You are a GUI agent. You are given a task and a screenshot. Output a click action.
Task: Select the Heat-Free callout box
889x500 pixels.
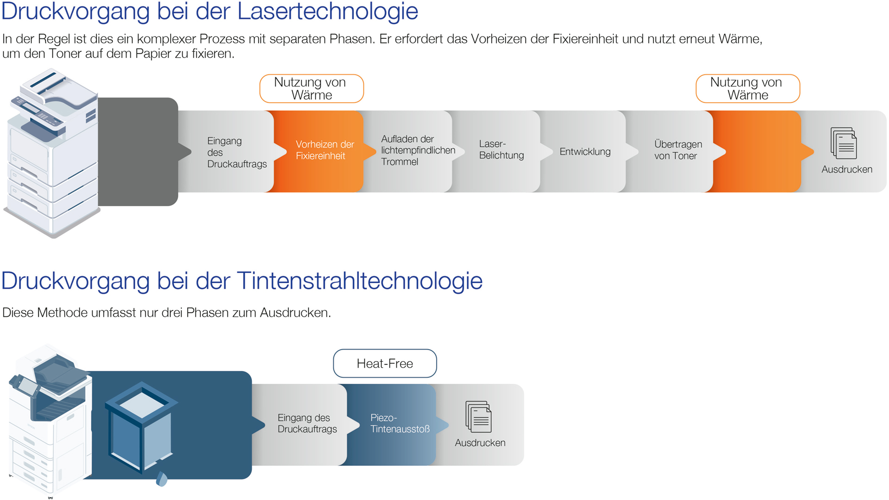point(385,364)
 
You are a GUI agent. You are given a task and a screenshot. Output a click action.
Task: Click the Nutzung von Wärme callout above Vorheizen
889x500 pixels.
point(311,88)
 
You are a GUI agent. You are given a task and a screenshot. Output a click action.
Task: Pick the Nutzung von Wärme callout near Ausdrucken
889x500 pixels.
point(747,88)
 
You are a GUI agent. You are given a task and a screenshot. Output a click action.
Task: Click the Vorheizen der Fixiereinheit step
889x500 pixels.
point(324,150)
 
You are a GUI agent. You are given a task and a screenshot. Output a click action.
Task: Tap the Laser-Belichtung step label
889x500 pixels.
point(501,150)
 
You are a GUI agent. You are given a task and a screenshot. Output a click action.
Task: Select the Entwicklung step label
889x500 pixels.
point(585,152)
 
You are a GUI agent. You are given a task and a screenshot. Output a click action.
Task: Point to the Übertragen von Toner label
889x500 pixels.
point(677,150)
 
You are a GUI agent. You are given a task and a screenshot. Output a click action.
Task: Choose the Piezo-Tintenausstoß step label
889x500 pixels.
point(399,424)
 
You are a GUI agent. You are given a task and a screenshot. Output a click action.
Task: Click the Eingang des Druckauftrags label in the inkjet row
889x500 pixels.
point(307,424)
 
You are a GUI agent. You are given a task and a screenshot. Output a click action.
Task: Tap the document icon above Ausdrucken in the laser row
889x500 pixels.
point(844,143)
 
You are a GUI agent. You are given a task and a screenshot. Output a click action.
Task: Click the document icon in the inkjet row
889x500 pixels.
point(478,417)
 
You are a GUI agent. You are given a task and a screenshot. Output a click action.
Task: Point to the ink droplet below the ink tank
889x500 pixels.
point(162,480)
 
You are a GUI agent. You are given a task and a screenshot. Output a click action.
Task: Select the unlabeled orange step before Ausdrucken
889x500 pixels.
point(757,152)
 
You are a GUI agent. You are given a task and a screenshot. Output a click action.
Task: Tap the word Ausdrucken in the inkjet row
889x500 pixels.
point(480,443)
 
